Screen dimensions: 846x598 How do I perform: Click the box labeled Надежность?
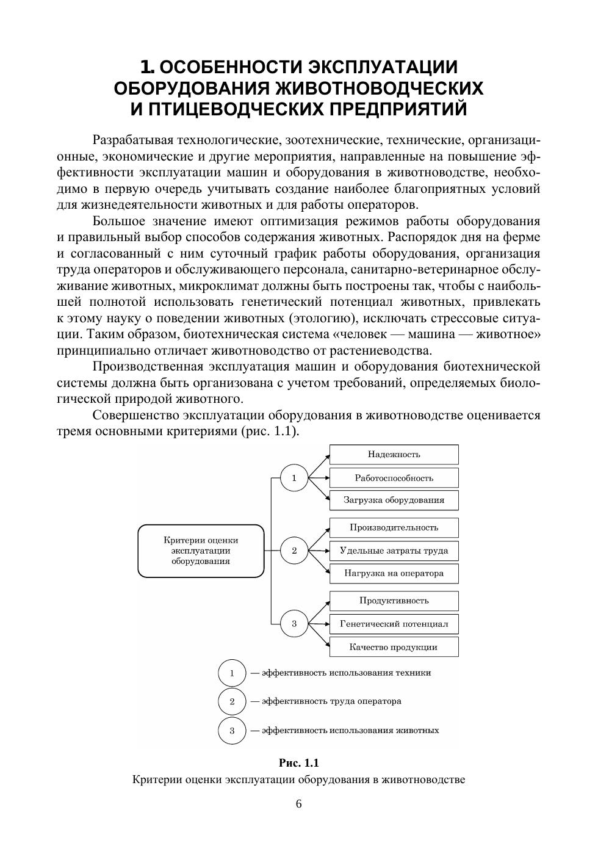click(x=394, y=454)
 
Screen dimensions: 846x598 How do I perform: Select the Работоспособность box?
click(x=394, y=478)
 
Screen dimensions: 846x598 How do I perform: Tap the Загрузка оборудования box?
click(x=394, y=500)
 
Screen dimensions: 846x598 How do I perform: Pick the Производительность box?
click(x=394, y=527)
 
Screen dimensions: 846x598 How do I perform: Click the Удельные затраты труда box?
click(x=394, y=551)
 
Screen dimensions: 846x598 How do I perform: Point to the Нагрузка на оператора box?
click(x=394, y=573)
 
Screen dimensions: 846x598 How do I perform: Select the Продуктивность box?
click(x=394, y=601)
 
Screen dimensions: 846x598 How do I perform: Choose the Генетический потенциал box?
click(x=394, y=624)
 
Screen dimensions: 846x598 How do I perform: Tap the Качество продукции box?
click(x=394, y=647)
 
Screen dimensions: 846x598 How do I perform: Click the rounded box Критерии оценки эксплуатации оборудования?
click(x=201, y=551)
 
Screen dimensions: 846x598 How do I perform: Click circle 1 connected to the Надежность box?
click(x=294, y=478)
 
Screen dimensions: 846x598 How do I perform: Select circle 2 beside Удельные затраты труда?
click(x=294, y=551)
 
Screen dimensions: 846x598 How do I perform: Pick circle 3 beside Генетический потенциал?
click(x=294, y=624)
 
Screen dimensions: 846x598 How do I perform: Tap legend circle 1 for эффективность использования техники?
click(x=232, y=673)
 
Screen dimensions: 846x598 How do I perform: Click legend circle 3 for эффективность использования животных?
click(x=232, y=731)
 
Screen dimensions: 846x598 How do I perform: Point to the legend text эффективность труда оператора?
click(x=331, y=701)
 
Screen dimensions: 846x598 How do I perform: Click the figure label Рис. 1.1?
click(x=299, y=763)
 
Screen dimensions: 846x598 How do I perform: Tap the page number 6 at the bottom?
click(x=299, y=804)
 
